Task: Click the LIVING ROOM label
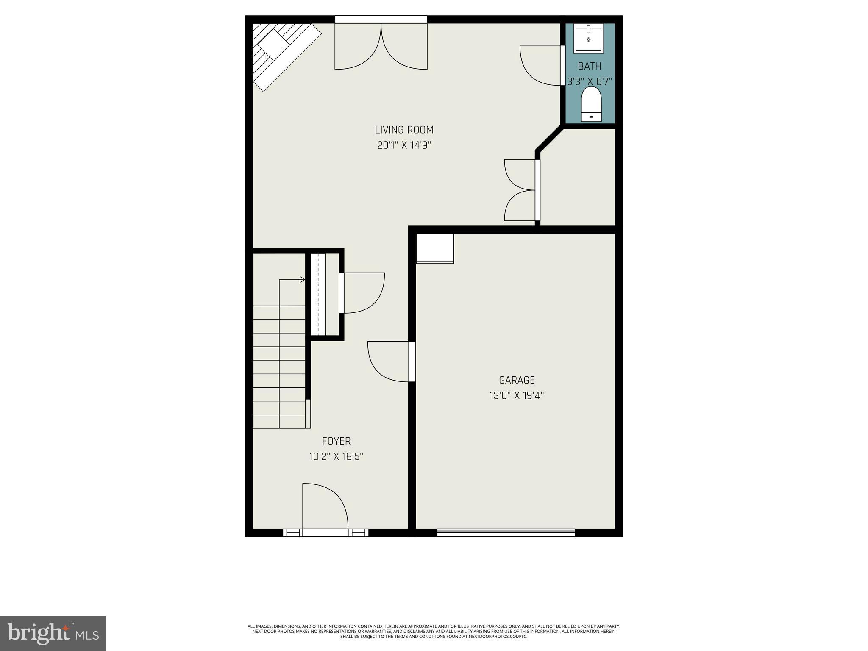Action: point(404,130)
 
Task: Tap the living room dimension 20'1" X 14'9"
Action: point(404,145)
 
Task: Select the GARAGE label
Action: point(516,380)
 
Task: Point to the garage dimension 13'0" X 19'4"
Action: point(516,396)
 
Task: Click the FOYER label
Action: point(336,441)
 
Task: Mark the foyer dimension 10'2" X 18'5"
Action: point(336,457)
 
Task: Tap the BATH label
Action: point(589,66)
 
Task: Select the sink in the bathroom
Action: point(589,39)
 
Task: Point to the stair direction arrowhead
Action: point(302,279)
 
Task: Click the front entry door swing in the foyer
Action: point(325,506)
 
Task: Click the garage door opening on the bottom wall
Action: point(506,532)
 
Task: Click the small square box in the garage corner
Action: point(435,248)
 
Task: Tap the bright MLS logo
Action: point(53,634)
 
